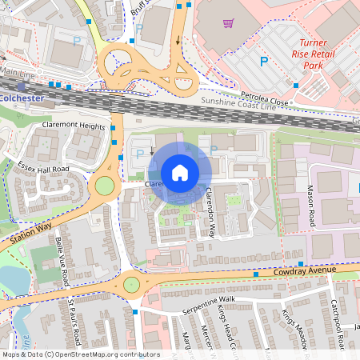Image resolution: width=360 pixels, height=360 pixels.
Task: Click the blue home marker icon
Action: (180, 172)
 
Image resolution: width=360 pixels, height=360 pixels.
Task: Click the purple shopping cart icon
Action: (228, 23)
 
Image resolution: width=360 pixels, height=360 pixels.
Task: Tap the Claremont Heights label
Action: (74, 126)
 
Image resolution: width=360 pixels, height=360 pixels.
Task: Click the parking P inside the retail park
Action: (262, 61)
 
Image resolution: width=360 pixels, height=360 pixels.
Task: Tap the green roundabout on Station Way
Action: (105, 186)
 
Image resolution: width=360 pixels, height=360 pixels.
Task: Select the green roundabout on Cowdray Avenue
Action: (130, 283)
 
